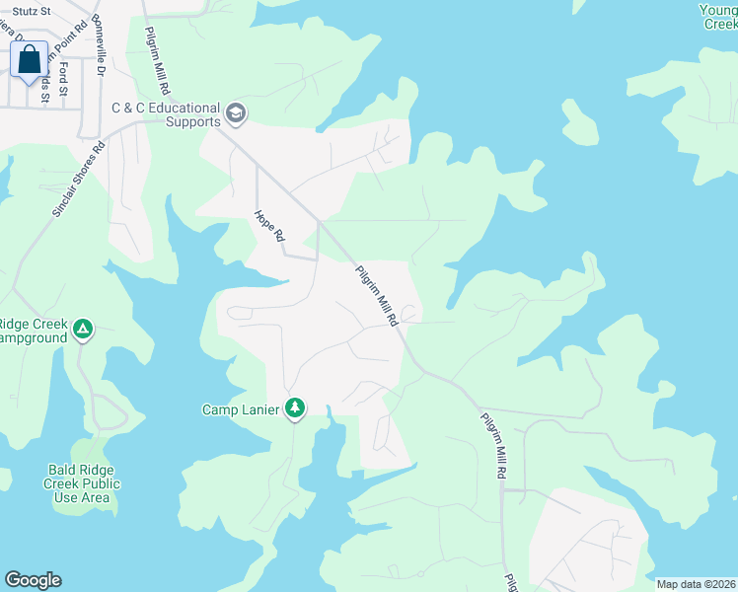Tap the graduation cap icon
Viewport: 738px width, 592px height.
235,114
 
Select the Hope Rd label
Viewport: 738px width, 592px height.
268,224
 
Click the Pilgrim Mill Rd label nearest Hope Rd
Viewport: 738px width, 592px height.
376,294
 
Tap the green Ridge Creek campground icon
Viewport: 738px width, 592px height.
84,329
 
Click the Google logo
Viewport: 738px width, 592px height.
33,580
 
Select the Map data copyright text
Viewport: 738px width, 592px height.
695,584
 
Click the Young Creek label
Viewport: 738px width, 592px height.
719,17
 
